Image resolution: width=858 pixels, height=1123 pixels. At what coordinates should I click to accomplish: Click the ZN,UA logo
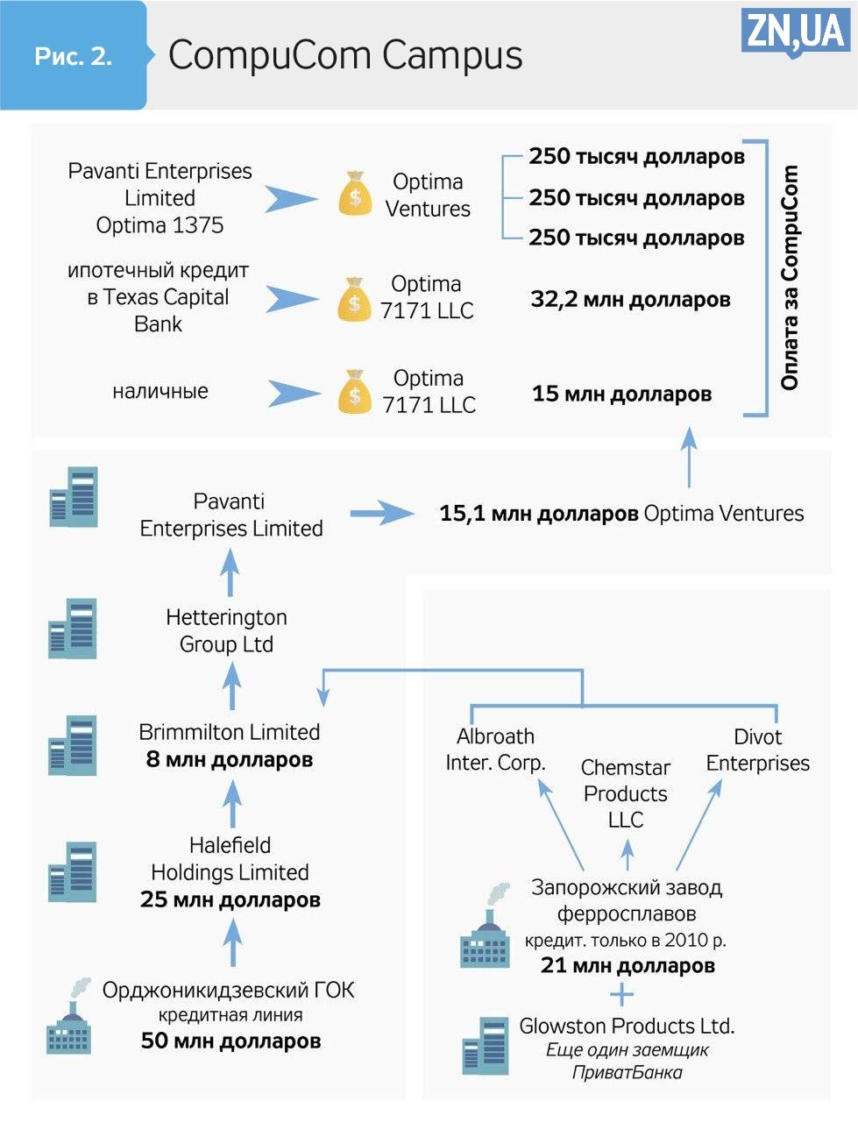(795, 31)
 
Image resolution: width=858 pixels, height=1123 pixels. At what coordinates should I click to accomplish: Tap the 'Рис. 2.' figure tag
(74, 56)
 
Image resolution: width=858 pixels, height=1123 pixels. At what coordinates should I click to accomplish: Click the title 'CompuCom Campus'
(345, 55)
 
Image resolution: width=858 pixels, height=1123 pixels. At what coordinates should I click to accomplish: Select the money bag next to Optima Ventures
(355, 195)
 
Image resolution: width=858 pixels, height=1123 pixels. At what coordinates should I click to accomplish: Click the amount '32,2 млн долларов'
(630, 300)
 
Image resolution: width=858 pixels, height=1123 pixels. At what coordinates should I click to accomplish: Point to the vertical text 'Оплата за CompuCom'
(790, 277)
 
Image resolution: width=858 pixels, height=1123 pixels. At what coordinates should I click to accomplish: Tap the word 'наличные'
(160, 391)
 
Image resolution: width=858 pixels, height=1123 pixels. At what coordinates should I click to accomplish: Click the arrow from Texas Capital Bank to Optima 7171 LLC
(292, 299)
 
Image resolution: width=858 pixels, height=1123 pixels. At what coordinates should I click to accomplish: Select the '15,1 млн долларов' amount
(538, 514)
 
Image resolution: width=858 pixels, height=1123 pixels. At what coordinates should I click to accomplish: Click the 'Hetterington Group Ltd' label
(227, 630)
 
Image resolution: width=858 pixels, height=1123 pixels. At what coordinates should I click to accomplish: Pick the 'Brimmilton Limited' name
(230, 732)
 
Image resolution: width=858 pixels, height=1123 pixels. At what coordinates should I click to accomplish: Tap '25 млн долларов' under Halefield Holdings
(230, 900)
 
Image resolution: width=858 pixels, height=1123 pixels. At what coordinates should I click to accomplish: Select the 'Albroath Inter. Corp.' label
(495, 750)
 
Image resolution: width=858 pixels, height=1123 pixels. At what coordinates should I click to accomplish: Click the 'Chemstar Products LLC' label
(626, 793)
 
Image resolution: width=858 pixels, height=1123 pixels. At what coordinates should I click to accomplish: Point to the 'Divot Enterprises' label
(758, 750)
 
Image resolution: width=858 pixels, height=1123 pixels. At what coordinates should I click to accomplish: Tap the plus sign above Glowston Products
(621, 995)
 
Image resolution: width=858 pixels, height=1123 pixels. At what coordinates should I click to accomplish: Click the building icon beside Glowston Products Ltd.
(486, 1046)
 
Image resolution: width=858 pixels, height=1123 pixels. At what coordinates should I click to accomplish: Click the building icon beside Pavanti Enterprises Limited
(74, 497)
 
